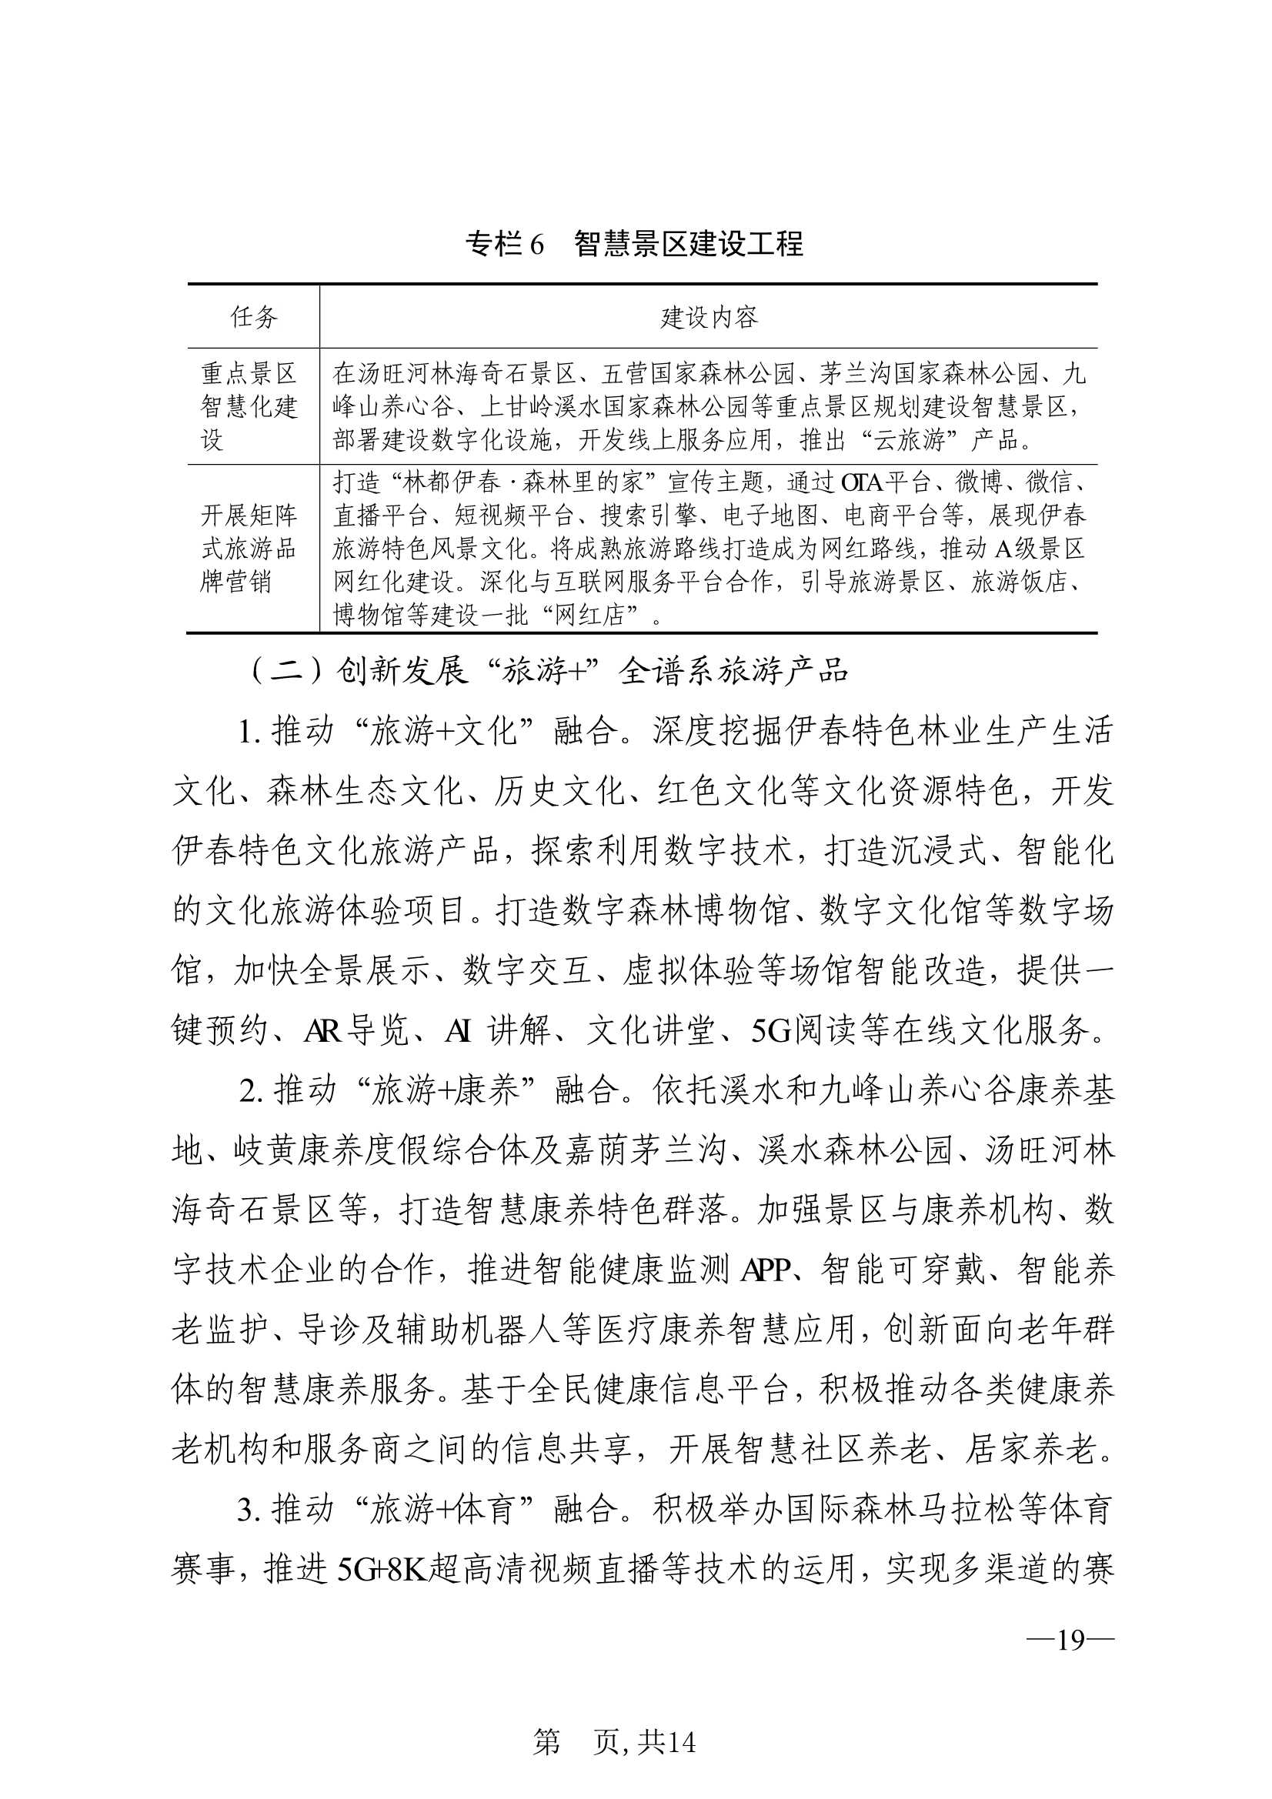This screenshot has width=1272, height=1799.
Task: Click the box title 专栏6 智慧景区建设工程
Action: click(635, 244)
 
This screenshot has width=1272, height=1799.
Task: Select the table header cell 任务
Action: click(253, 317)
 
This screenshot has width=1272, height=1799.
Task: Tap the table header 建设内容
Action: click(709, 317)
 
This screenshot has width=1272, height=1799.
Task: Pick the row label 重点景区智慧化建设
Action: click(249, 406)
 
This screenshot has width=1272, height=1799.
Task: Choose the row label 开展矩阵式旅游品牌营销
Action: click(249, 549)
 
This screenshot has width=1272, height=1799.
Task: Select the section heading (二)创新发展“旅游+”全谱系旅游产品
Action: click(549, 672)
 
